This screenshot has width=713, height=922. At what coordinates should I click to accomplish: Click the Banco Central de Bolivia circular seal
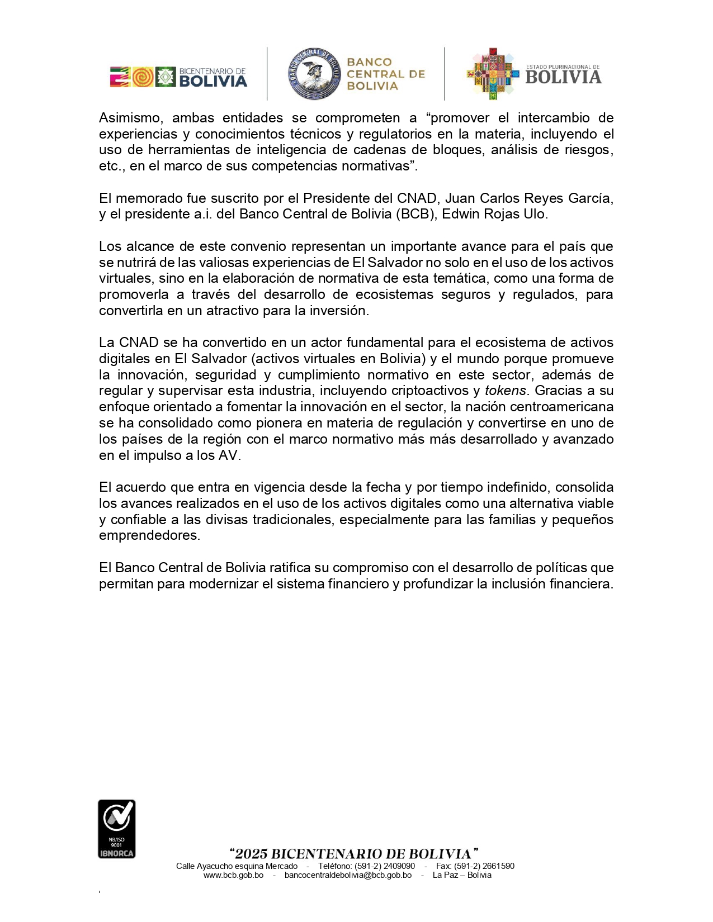314,74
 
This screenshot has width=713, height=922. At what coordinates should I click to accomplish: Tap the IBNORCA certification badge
116,829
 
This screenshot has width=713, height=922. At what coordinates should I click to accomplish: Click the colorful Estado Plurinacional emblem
492,74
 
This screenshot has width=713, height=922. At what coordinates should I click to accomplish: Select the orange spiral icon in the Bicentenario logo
143,77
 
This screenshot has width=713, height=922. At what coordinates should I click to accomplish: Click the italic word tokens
505,391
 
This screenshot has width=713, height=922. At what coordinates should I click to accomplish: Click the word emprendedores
149,535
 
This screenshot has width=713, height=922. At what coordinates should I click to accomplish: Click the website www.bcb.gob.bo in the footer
233,875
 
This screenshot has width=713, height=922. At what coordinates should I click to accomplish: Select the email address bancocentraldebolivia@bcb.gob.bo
348,875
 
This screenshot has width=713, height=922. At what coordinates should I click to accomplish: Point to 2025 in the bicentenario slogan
251,854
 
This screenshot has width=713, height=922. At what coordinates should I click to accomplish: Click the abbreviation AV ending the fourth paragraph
228,455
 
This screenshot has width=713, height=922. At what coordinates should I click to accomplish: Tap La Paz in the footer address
446,875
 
